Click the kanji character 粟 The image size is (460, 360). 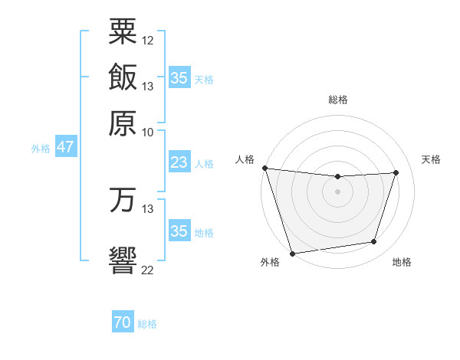tap(123, 31)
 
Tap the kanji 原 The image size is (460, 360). tap(123, 122)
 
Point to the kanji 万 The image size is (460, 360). tap(123, 201)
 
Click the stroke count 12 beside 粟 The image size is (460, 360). tap(148, 40)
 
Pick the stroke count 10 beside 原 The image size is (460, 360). tap(148, 132)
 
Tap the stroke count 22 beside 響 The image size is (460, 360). tap(148, 270)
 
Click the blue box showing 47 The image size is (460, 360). tap(65, 147)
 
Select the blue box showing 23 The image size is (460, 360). tap(179, 162)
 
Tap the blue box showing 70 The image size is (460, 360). tap(122, 323)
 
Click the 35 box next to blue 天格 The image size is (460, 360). tap(179, 77)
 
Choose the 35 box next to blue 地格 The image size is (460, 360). tap(179, 231)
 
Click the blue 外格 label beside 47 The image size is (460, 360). tap(41, 149)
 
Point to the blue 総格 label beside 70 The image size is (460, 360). tap(147, 324)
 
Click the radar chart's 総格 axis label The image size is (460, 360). tap(338, 100)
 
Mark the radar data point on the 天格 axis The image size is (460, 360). tap(396, 172)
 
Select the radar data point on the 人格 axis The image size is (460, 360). tap(264, 168)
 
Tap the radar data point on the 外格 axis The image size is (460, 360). tap(292, 253)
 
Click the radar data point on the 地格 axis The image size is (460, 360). tap(374, 242)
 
